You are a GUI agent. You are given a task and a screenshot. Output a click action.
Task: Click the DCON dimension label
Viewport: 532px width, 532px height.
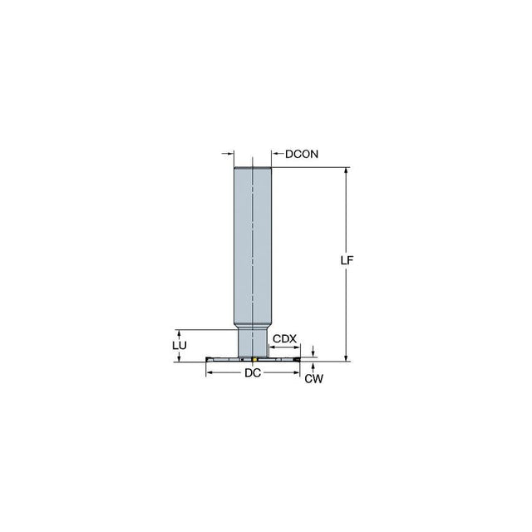coord(302,154)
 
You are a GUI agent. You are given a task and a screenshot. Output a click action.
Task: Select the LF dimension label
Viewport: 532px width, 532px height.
coord(347,260)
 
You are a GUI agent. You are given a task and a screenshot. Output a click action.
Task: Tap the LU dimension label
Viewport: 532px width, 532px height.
coord(180,346)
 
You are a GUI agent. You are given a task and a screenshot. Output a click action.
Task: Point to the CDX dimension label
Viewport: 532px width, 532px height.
coord(284,338)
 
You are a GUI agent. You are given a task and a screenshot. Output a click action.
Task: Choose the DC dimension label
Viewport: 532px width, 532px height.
coord(253,373)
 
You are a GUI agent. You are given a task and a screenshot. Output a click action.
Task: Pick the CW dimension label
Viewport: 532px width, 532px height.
coord(314,379)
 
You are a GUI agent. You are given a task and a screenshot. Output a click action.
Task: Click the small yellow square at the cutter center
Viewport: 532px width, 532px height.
coord(254,359)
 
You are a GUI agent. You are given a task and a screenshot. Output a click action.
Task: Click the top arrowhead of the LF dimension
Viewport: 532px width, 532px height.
coord(346,170)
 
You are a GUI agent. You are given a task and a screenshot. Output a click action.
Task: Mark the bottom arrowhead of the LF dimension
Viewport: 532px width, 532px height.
coord(346,358)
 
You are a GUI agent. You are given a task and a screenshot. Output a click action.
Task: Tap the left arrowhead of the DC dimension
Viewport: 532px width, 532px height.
coord(209,372)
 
